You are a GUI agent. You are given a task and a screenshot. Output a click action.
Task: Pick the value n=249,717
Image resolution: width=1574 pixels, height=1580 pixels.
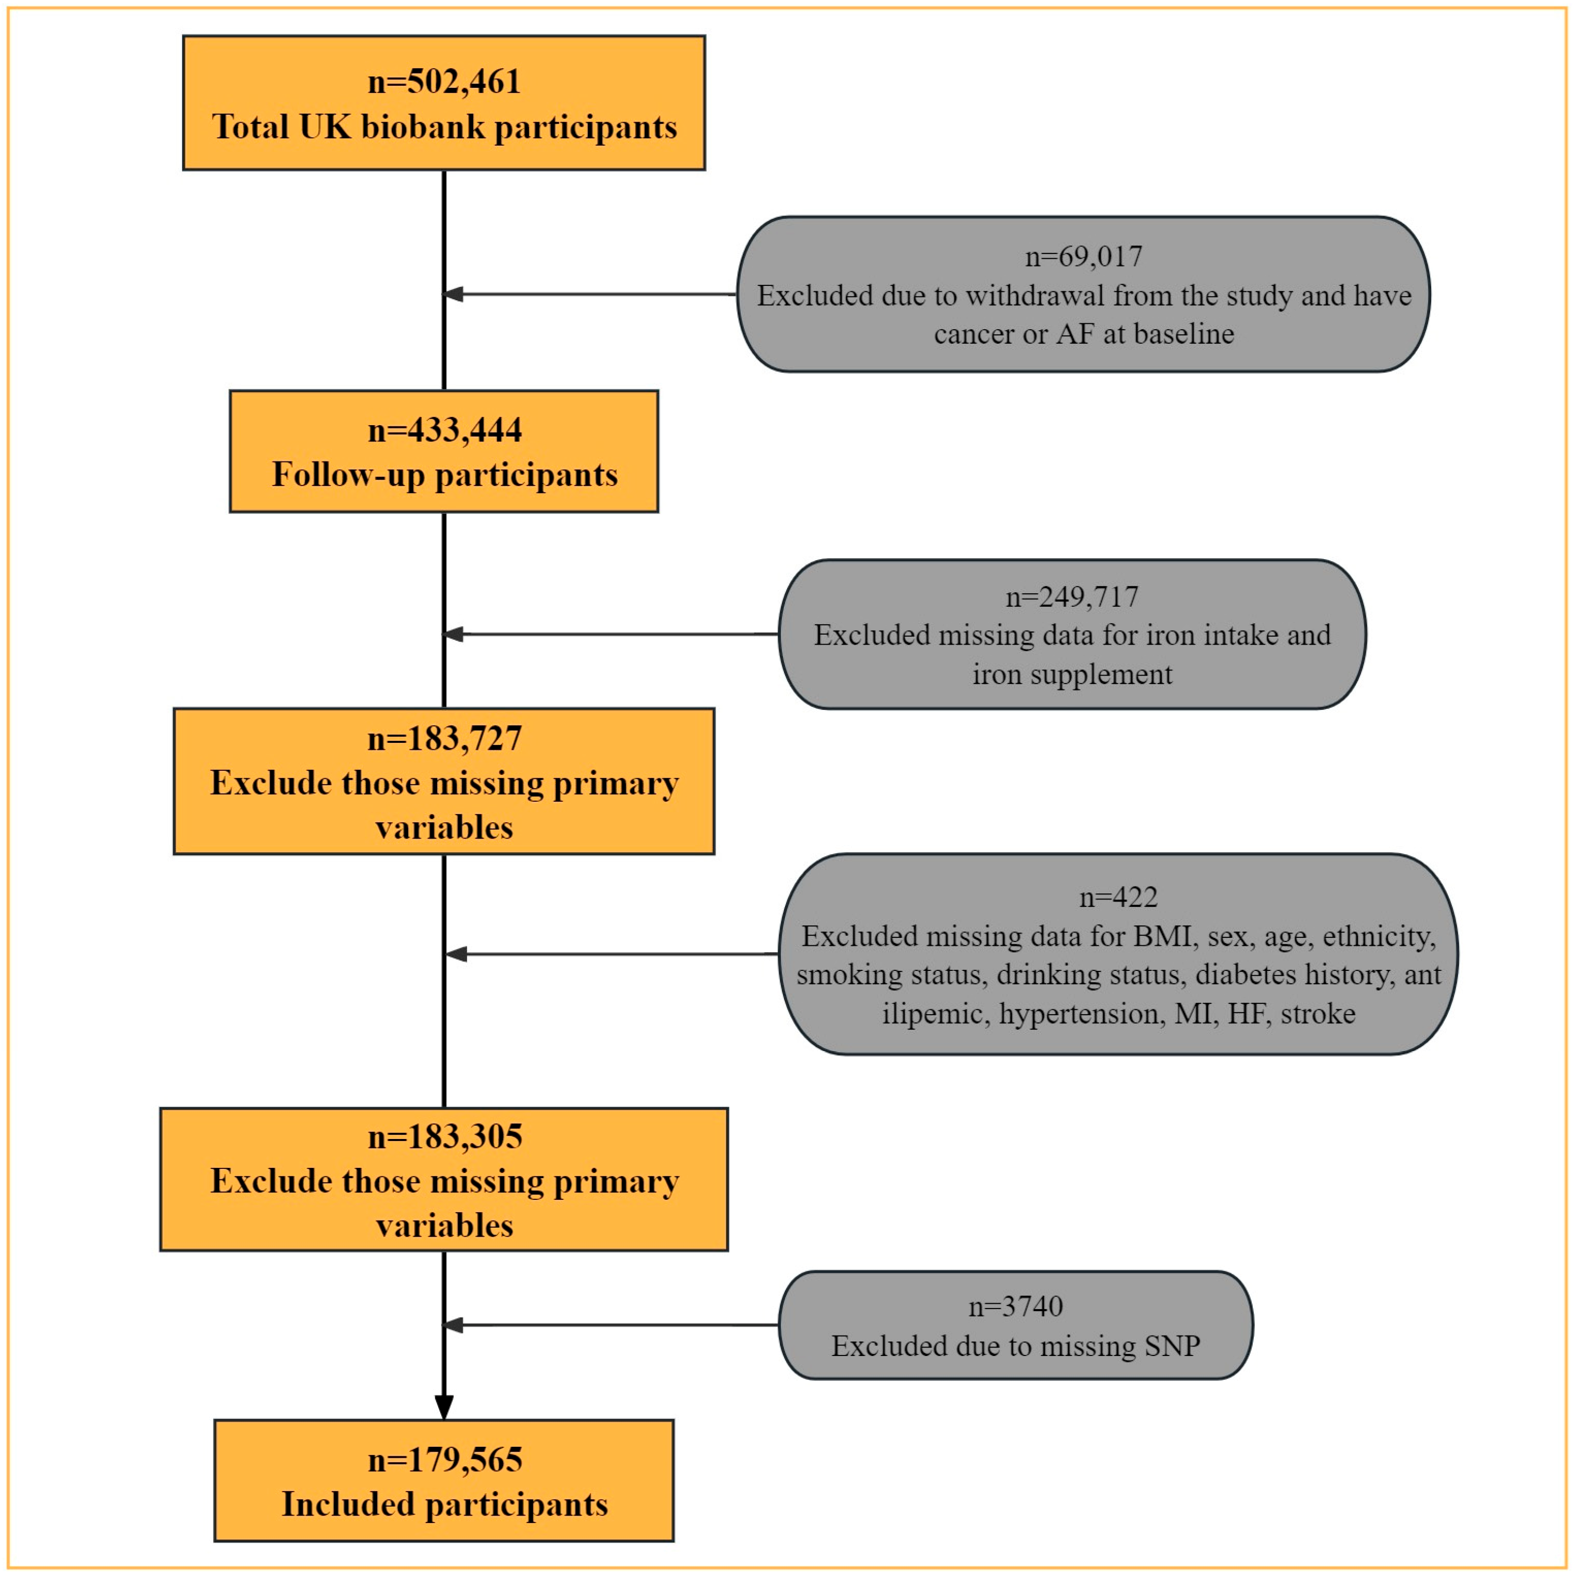pyautogui.click(x=1071, y=597)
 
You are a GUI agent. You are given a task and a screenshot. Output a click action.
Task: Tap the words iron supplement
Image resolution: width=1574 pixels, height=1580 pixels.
pyautogui.click(x=1071, y=675)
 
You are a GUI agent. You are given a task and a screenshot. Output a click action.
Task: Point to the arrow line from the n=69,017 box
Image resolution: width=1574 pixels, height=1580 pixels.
pyautogui.click(x=597, y=294)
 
